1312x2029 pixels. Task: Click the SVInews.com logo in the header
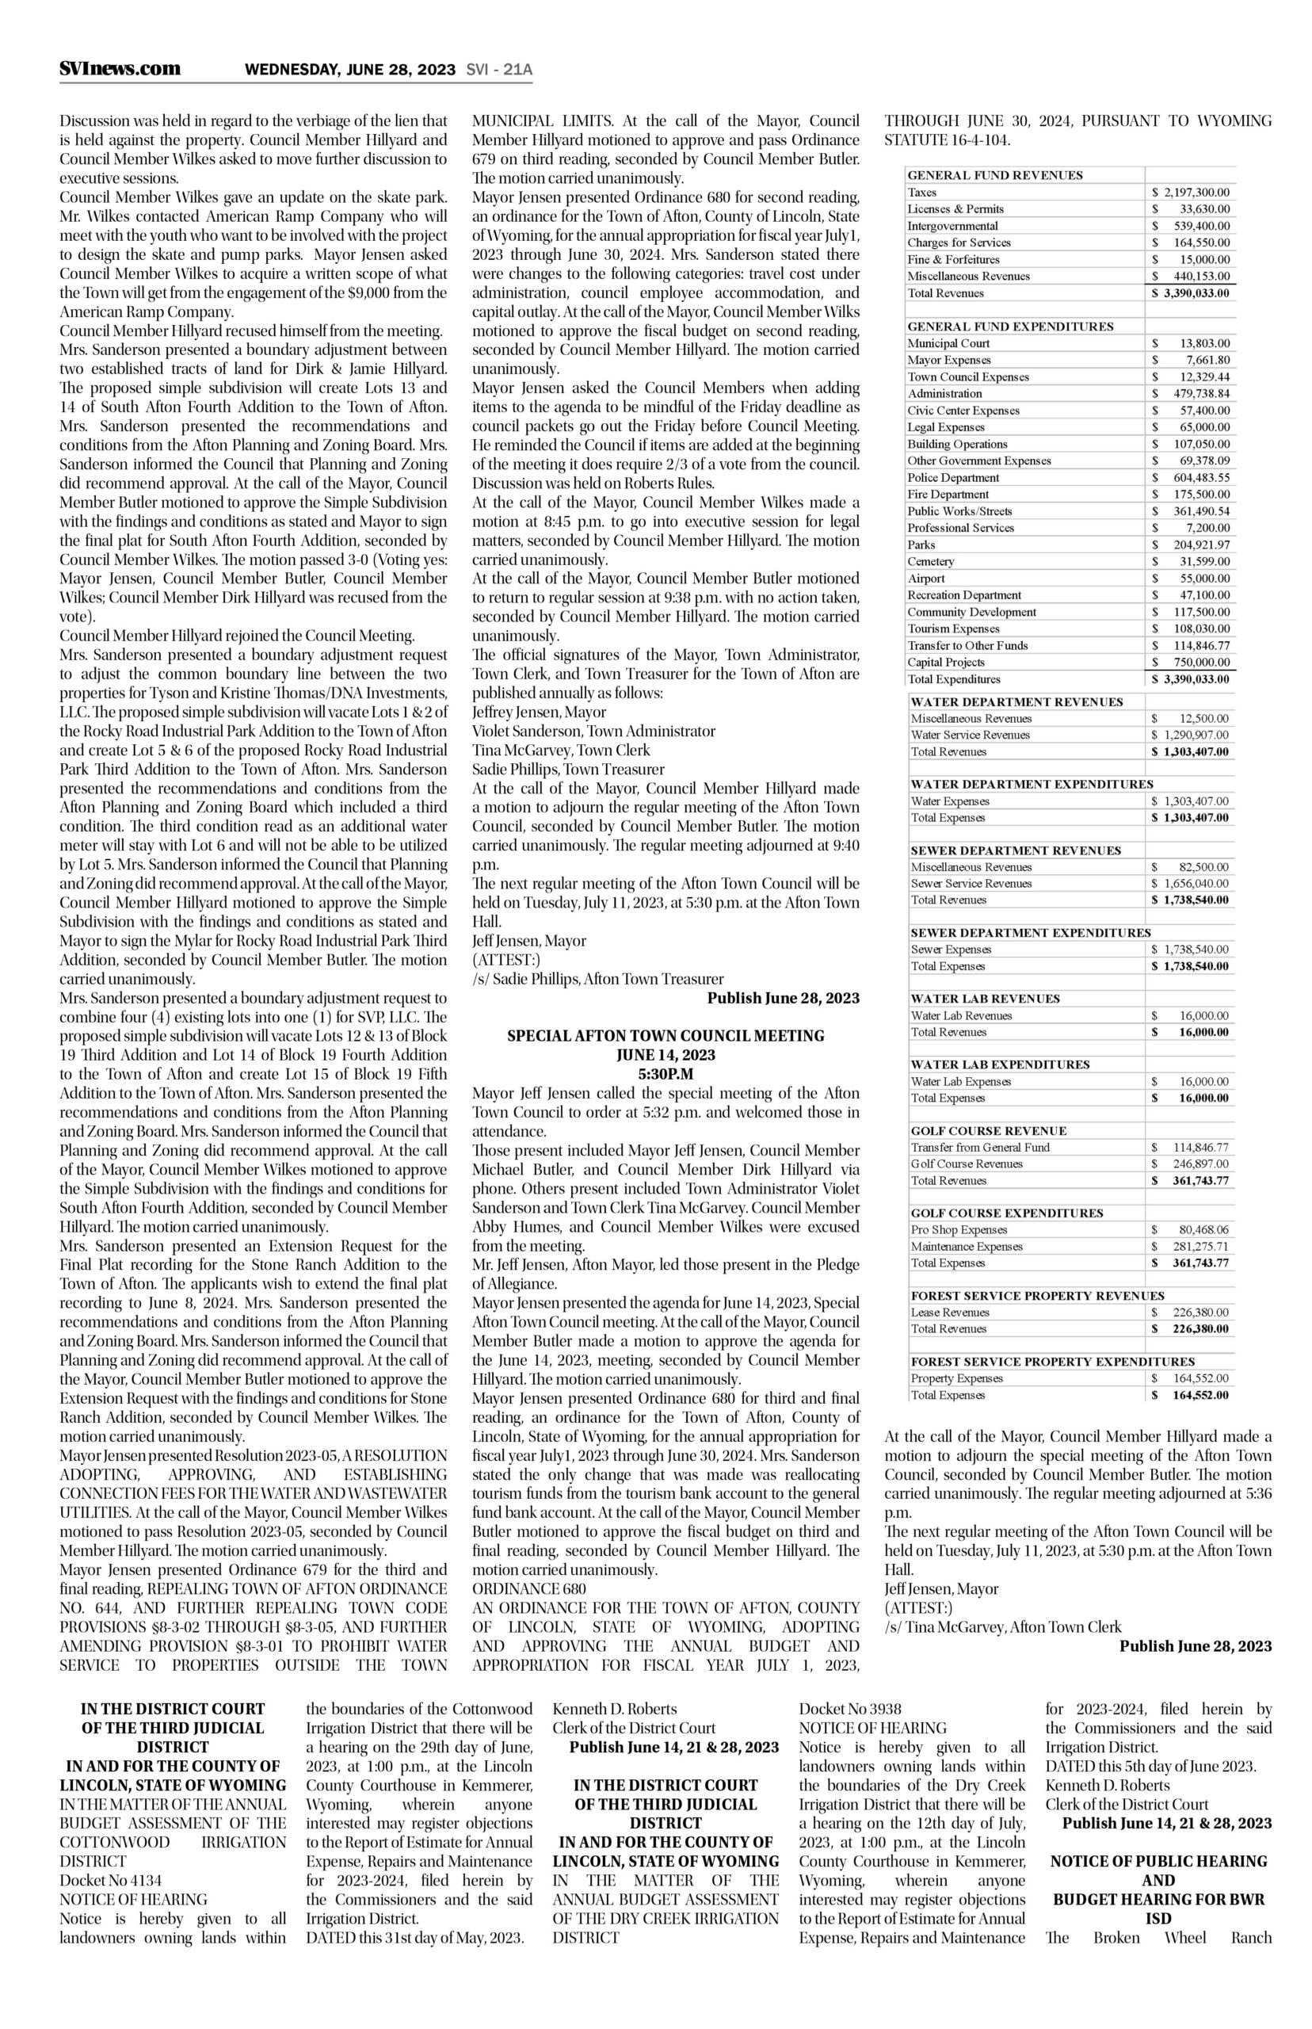[x=120, y=69]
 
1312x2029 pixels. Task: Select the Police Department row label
[x=953, y=478]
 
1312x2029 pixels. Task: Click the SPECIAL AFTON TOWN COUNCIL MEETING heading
[x=666, y=1036]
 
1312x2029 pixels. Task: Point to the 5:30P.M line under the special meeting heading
[x=666, y=1074]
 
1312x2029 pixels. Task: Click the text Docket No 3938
[x=849, y=1709]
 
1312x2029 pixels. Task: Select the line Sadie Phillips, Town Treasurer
[x=568, y=769]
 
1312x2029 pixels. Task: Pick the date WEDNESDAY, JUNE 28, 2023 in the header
[x=350, y=70]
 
